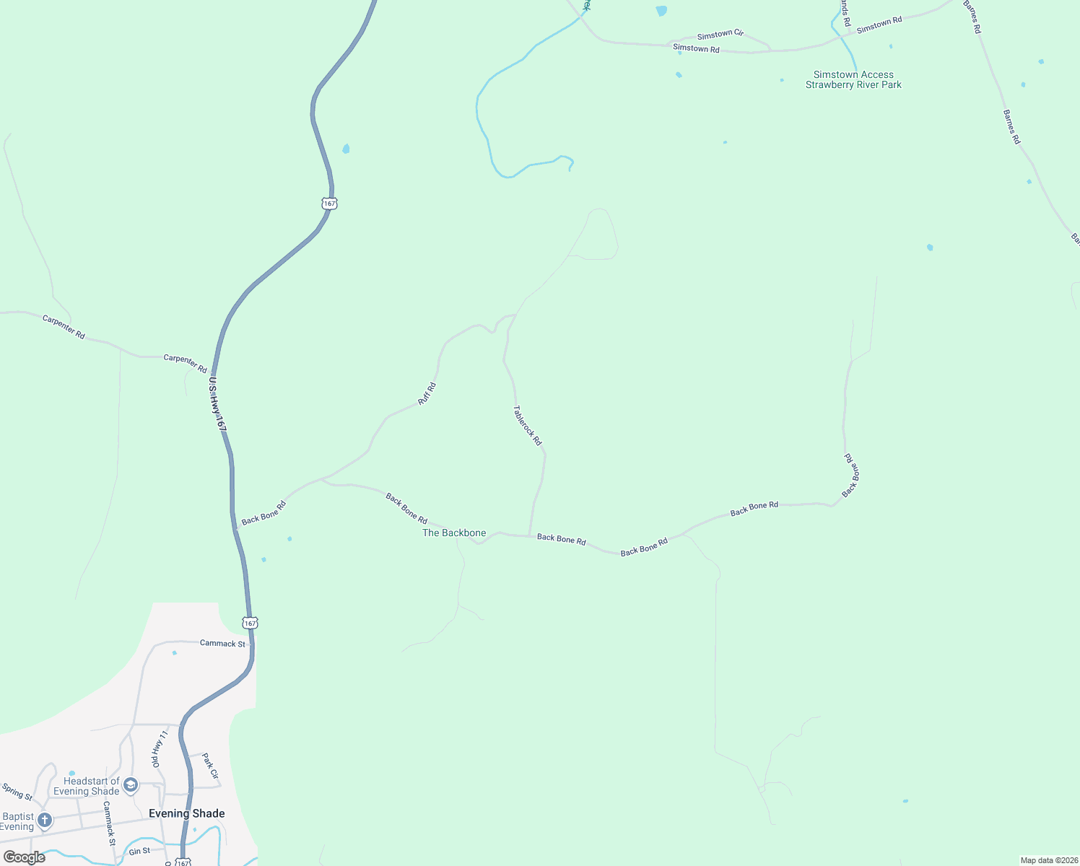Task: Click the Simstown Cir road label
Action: coord(720,34)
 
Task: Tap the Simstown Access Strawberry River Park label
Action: coord(853,79)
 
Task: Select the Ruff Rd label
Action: coord(427,393)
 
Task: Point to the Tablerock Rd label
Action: coord(527,425)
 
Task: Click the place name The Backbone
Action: coord(454,533)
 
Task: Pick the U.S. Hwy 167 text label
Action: coord(217,405)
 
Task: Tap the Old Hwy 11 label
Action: coord(159,748)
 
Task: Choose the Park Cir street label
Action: coord(210,766)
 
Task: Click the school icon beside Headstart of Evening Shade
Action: coord(131,784)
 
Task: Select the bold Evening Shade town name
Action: coord(186,813)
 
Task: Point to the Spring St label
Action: coord(17,792)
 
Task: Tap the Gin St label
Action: coord(140,852)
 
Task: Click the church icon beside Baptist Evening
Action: coord(45,821)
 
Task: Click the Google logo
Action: coord(24,857)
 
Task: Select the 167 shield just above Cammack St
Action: coord(250,622)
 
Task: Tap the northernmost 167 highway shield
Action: coord(329,204)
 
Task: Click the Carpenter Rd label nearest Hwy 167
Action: coord(185,362)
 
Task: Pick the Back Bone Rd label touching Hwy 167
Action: coord(264,513)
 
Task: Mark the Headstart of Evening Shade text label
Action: coord(86,786)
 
